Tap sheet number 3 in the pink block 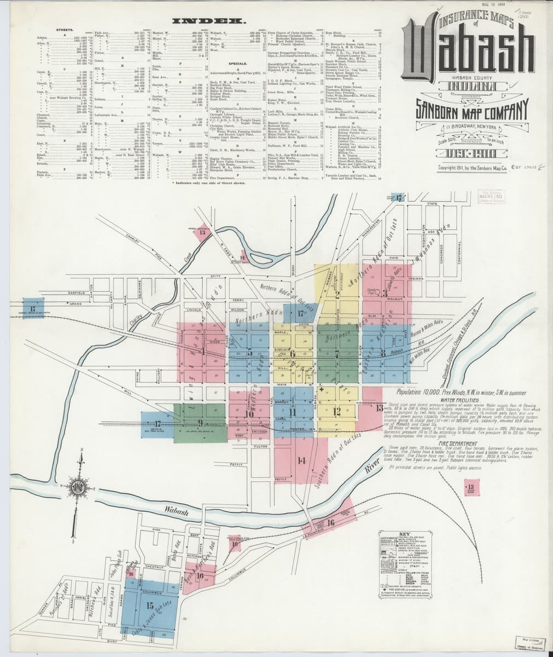(x=385, y=294)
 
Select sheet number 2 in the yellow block (x=337, y=294)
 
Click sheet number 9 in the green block (x=201, y=422)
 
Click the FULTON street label (x=260, y=447)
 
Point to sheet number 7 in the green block (x=337, y=353)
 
